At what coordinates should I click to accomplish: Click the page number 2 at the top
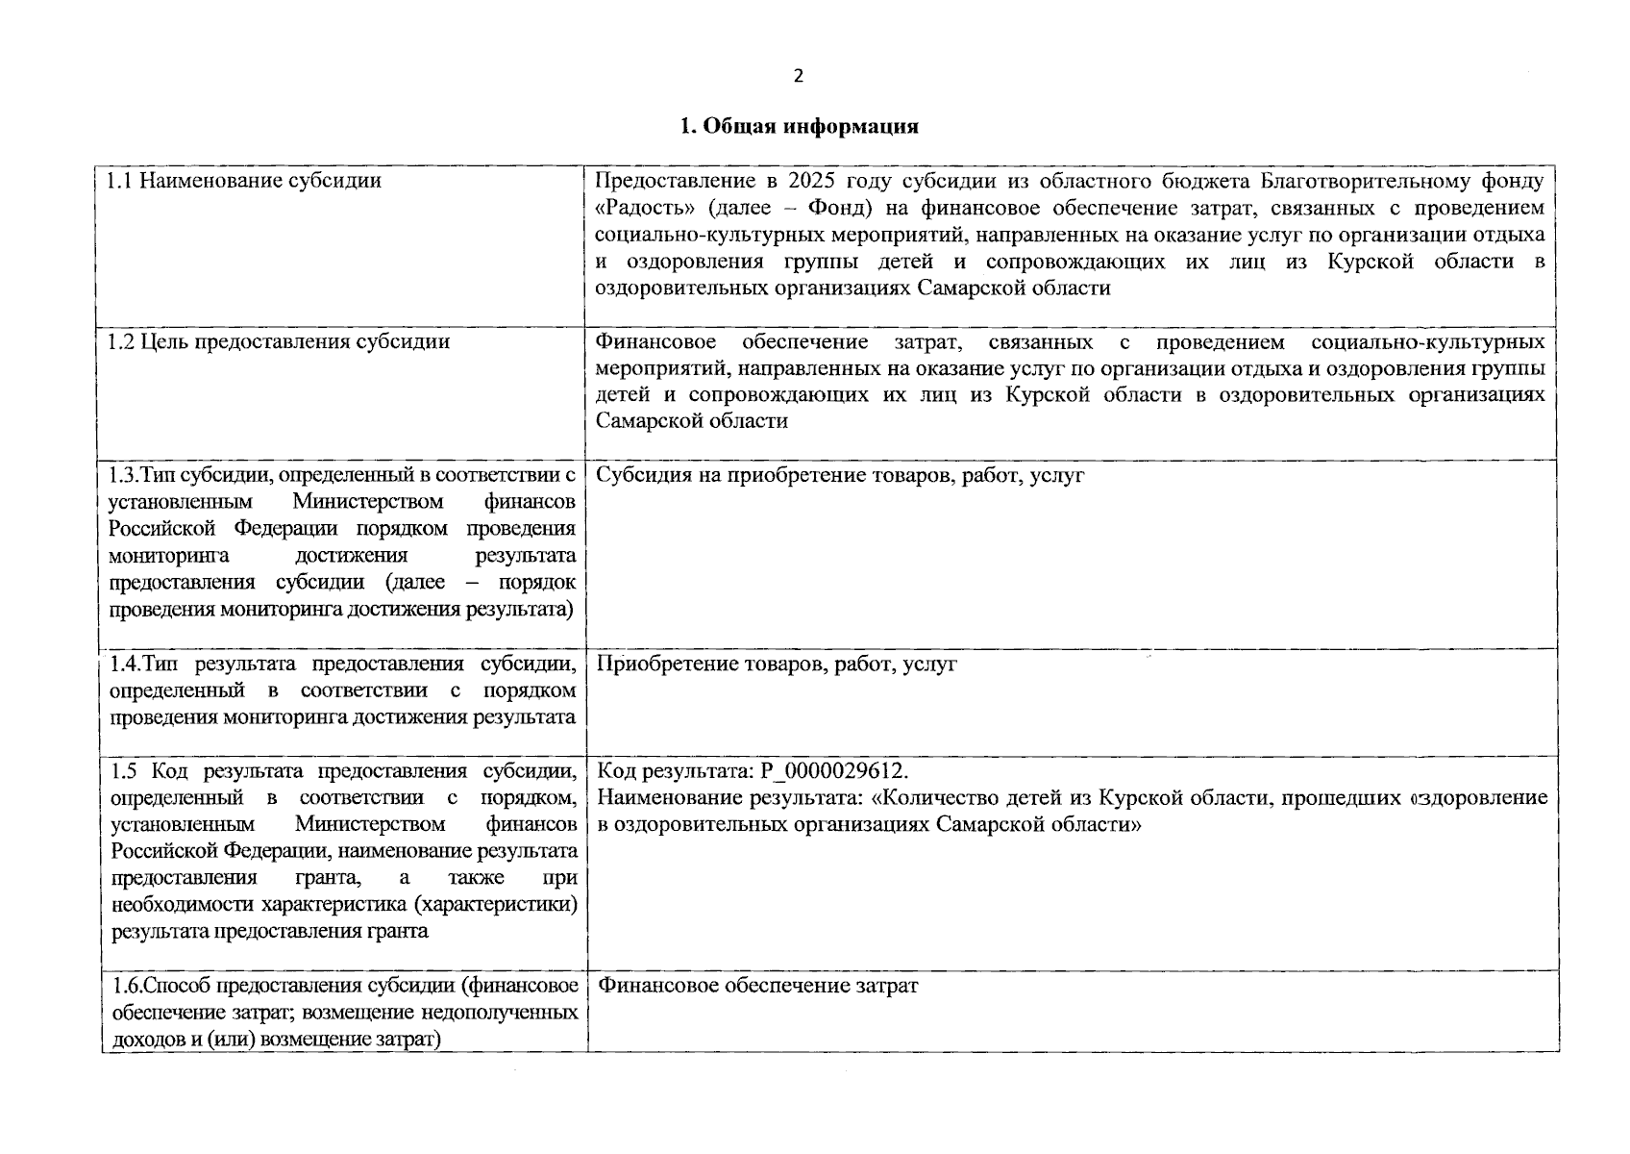coord(799,77)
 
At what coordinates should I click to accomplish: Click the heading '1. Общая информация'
coord(799,127)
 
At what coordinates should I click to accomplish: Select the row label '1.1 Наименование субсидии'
coord(244,181)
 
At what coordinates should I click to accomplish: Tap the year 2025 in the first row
coord(812,181)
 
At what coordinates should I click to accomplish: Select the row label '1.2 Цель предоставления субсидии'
coord(279,342)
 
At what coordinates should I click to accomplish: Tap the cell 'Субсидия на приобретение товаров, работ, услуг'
coord(840,475)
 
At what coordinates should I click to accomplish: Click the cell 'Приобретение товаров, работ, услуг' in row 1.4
coord(777,664)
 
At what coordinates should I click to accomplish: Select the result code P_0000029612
coord(833,771)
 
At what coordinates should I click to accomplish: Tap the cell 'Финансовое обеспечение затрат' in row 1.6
coord(757,986)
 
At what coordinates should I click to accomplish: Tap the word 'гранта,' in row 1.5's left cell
coord(335,878)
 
